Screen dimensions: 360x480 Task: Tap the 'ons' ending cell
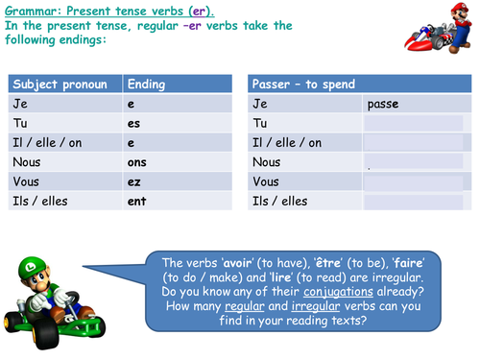click(136, 162)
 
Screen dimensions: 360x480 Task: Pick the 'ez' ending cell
click(133, 181)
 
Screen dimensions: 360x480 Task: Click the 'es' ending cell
click(133, 123)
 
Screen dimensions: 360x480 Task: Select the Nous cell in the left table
click(28, 162)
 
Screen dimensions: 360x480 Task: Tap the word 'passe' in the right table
click(382, 104)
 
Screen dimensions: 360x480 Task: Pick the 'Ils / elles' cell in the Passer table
click(282, 202)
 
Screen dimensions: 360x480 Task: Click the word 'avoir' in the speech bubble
click(230, 263)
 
